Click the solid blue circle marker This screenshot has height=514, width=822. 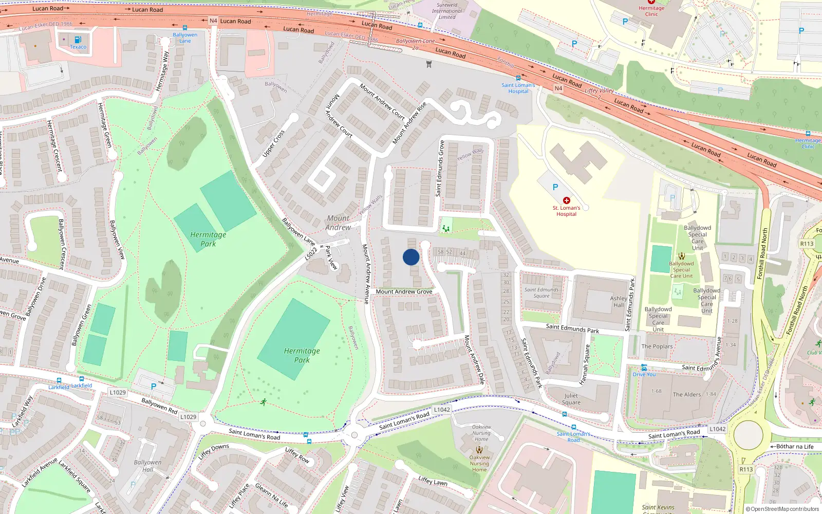[x=411, y=257]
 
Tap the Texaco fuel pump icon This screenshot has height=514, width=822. [x=78, y=40]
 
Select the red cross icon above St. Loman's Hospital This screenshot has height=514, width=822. [x=566, y=200]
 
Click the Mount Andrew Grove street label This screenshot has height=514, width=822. [x=404, y=291]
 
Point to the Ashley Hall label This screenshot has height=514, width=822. [x=619, y=302]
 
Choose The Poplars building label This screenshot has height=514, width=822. [x=657, y=346]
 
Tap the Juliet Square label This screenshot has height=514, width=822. [x=571, y=399]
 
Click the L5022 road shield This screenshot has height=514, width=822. [x=311, y=253]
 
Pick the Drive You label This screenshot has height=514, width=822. [x=644, y=374]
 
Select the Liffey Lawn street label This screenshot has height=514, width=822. [x=433, y=481]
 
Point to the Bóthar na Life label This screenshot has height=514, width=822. [x=795, y=447]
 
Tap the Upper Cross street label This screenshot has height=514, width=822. [x=273, y=143]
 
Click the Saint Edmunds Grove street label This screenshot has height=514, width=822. [x=440, y=168]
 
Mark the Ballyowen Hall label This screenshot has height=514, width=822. [x=147, y=466]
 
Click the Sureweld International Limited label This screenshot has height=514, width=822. [x=447, y=11]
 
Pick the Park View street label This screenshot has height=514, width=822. [x=331, y=258]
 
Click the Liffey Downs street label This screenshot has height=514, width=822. [x=213, y=451]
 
